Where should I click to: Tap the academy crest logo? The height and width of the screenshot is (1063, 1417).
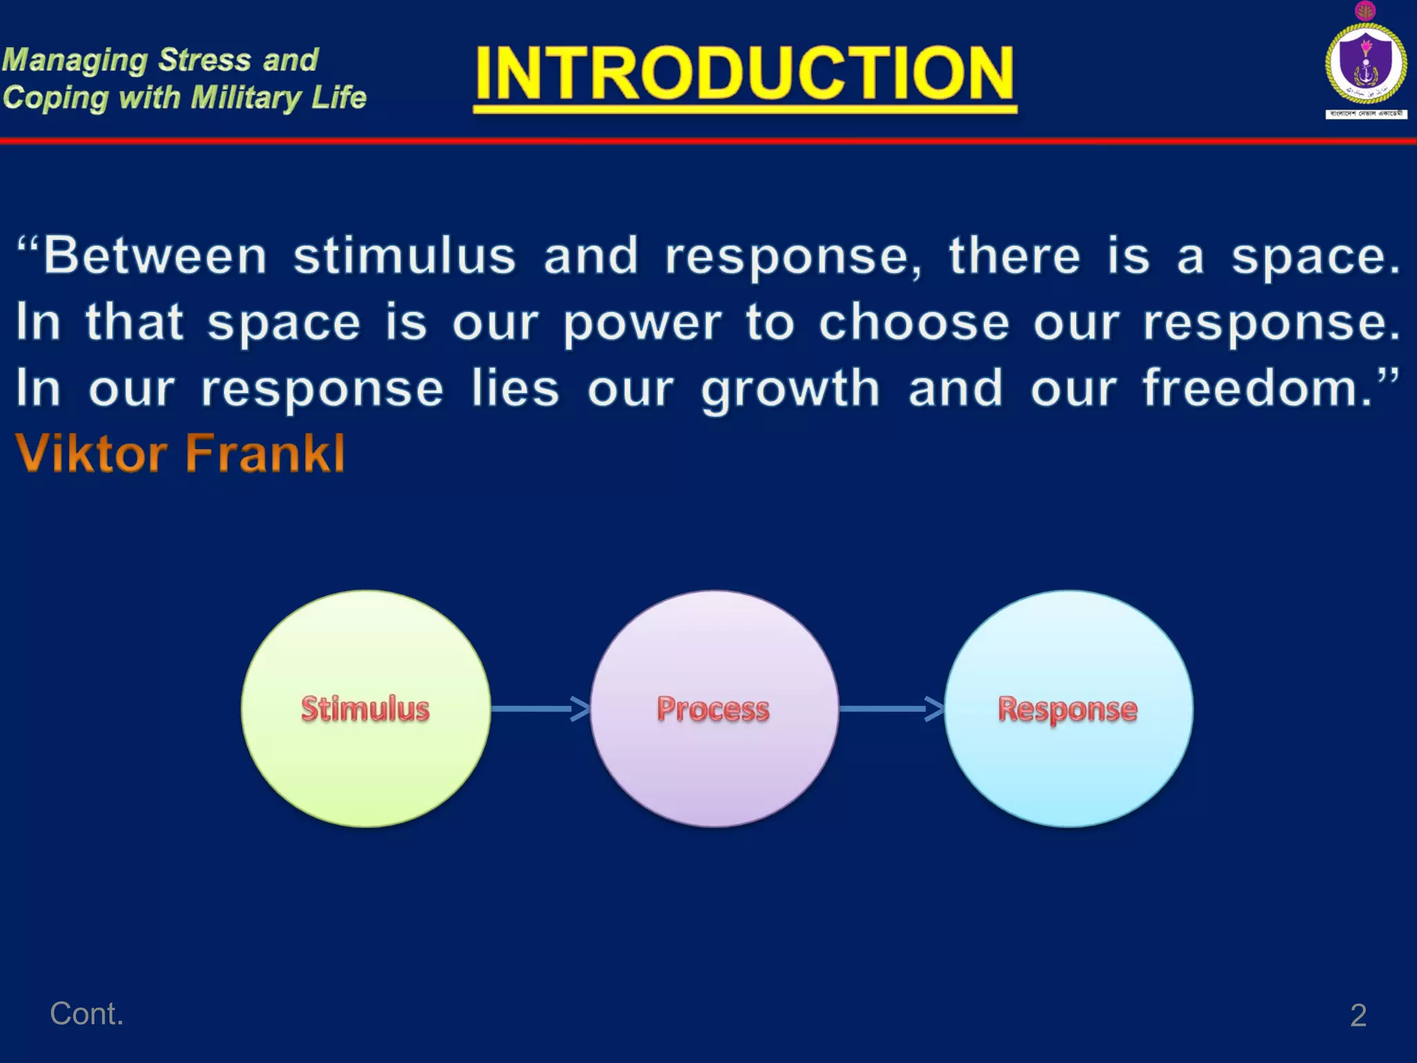(x=1365, y=62)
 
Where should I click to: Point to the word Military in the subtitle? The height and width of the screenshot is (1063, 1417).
(x=246, y=98)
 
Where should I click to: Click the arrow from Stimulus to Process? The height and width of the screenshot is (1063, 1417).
(x=540, y=709)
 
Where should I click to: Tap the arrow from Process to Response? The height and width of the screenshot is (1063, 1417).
(x=891, y=709)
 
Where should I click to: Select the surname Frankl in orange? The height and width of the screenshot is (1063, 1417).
(x=266, y=453)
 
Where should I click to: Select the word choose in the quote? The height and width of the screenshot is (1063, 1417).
(x=913, y=322)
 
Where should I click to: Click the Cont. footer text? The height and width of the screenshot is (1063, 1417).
(x=86, y=1014)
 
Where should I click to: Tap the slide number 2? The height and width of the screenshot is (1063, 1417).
(x=1358, y=1015)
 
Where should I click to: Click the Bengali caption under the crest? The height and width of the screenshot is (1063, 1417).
(x=1366, y=113)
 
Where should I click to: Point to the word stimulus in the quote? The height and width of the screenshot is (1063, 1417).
(x=404, y=256)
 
